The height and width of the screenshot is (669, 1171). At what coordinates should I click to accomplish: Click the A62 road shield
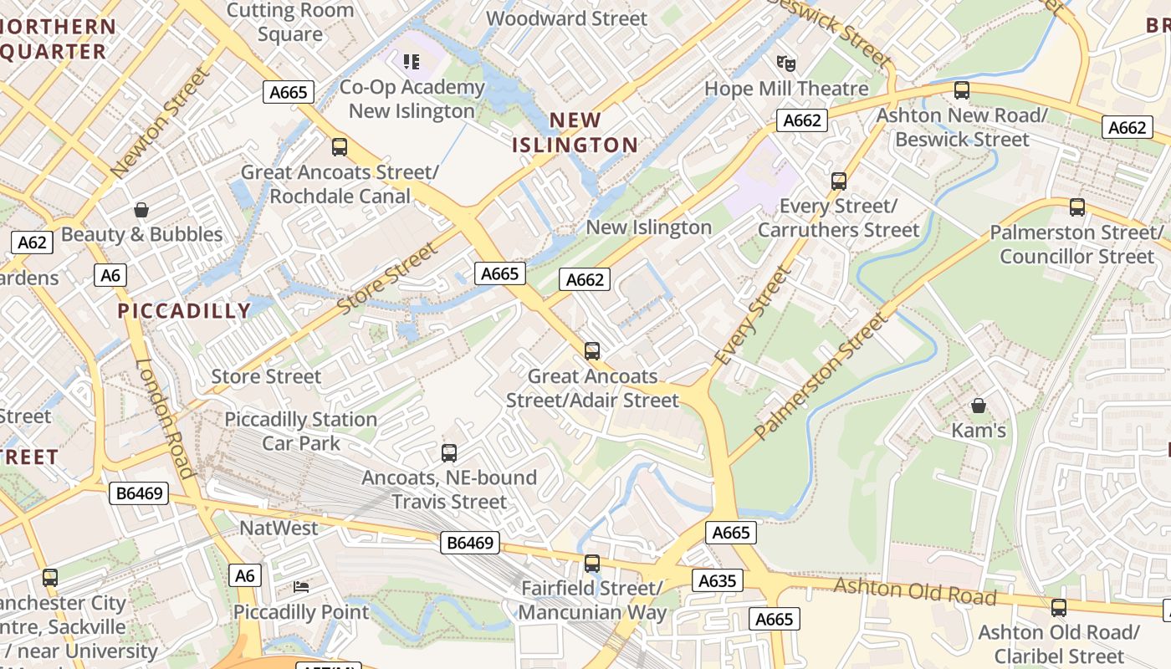click(32, 243)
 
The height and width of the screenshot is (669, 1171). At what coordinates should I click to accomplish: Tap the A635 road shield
click(718, 580)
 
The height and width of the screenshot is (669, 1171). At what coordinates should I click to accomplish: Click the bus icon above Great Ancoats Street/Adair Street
click(592, 350)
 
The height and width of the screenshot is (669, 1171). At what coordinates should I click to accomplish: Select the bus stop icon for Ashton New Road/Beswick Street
click(962, 89)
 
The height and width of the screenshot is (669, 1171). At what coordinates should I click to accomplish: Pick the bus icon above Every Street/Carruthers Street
click(839, 181)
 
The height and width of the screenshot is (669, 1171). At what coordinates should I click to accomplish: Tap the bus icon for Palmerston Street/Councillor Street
click(1077, 207)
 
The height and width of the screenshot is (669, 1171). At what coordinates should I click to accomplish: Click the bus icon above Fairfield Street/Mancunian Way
click(592, 563)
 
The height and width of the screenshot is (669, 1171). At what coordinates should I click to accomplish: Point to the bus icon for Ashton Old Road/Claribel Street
click(1059, 607)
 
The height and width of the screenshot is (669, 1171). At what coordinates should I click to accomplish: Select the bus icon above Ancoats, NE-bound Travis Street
click(449, 453)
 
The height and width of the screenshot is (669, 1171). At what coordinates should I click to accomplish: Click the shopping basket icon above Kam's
click(979, 406)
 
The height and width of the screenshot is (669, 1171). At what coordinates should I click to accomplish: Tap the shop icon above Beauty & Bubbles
click(141, 209)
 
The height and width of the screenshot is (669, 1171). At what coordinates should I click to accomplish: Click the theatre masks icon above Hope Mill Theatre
click(785, 63)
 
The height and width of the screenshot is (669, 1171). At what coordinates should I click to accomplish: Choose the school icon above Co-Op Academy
click(411, 61)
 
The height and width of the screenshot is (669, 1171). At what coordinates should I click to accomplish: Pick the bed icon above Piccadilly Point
click(301, 587)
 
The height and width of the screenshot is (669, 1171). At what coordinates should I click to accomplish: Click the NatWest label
click(279, 528)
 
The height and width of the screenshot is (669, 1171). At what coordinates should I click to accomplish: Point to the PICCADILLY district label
click(184, 311)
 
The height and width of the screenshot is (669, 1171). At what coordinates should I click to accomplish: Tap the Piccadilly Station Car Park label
click(301, 431)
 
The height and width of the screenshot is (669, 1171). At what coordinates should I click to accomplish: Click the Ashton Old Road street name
click(915, 590)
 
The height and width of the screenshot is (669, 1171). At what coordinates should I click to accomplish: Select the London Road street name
click(166, 418)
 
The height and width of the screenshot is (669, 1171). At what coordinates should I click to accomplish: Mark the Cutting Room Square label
click(289, 23)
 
